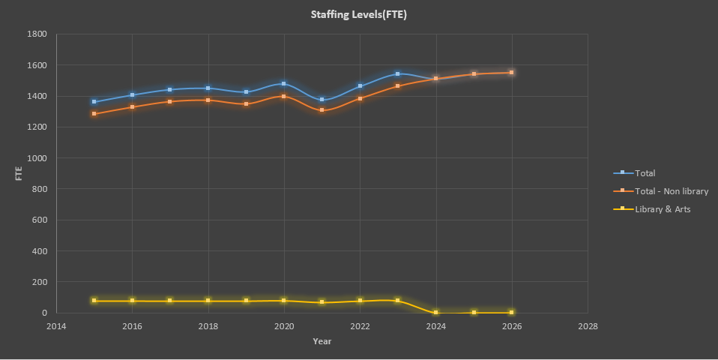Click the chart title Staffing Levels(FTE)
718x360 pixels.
[359, 14]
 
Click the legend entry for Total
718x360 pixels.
[645, 173]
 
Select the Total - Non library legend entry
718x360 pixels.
[671, 191]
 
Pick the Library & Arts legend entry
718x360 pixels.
[663, 209]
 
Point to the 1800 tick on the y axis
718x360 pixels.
[37, 34]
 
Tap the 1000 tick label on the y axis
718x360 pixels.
[37, 158]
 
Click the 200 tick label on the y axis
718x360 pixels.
[40, 282]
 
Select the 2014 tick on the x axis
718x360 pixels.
[56, 326]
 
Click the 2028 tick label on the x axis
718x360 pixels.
[588, 326]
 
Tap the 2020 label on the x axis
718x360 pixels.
[284, 326]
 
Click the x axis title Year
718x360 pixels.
[322, 341]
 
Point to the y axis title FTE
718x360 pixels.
[19, 173]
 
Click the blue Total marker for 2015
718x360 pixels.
[94, 102]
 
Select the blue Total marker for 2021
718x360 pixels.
[322, 100]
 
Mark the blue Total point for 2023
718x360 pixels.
[398, 74]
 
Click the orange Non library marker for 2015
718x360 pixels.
[94, 114]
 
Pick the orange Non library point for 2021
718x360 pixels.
[322, 110]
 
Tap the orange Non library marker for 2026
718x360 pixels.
[512, 73]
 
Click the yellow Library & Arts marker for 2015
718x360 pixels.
[94, 301]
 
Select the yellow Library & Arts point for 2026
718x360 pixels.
[512, 312]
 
